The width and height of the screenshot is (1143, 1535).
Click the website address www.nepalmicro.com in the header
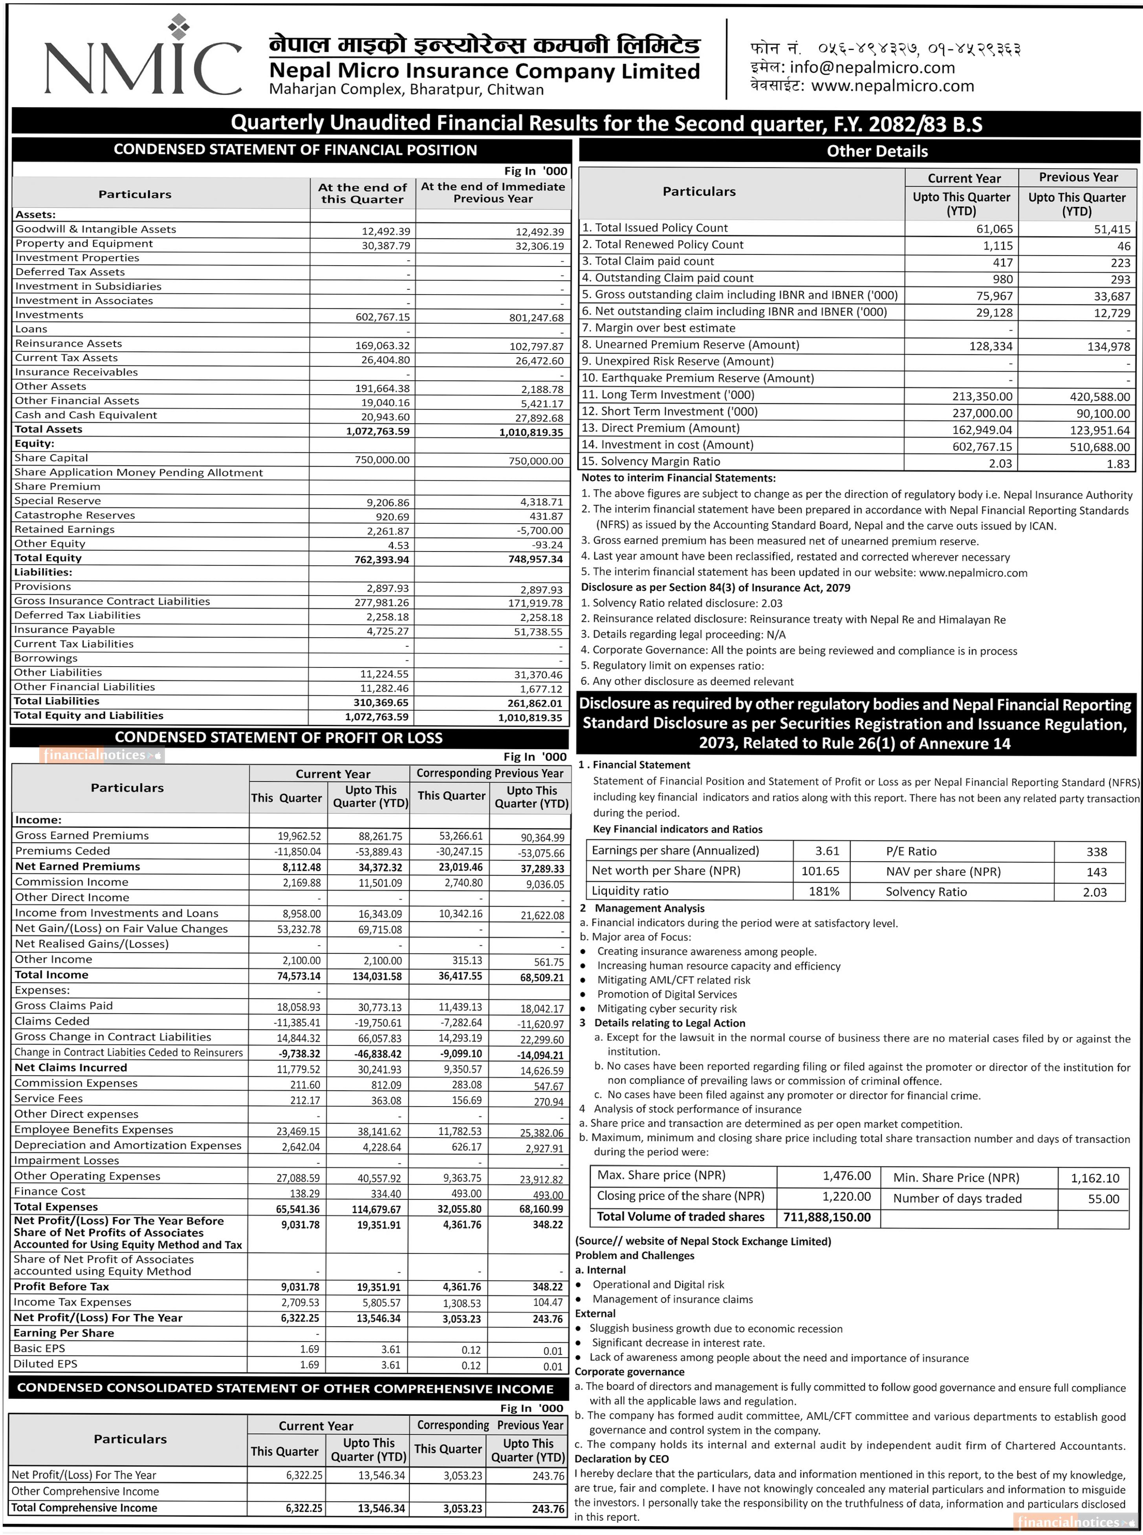[892, 86]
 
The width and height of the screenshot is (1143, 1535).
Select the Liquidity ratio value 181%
[824, 892]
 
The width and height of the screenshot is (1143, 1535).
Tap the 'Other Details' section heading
[877, 152]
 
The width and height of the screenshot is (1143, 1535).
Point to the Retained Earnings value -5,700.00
[538, 531]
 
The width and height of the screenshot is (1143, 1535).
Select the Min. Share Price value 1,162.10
[1095, 1178]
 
